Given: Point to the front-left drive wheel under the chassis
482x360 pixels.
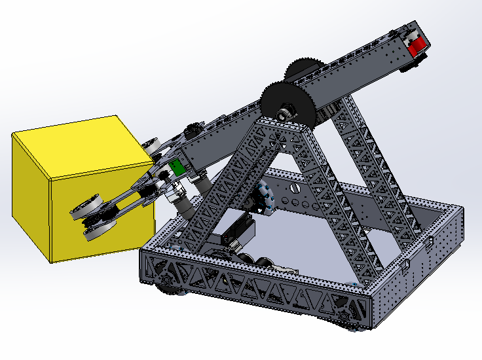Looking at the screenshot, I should pyautogui.click(x=167, y=283).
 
